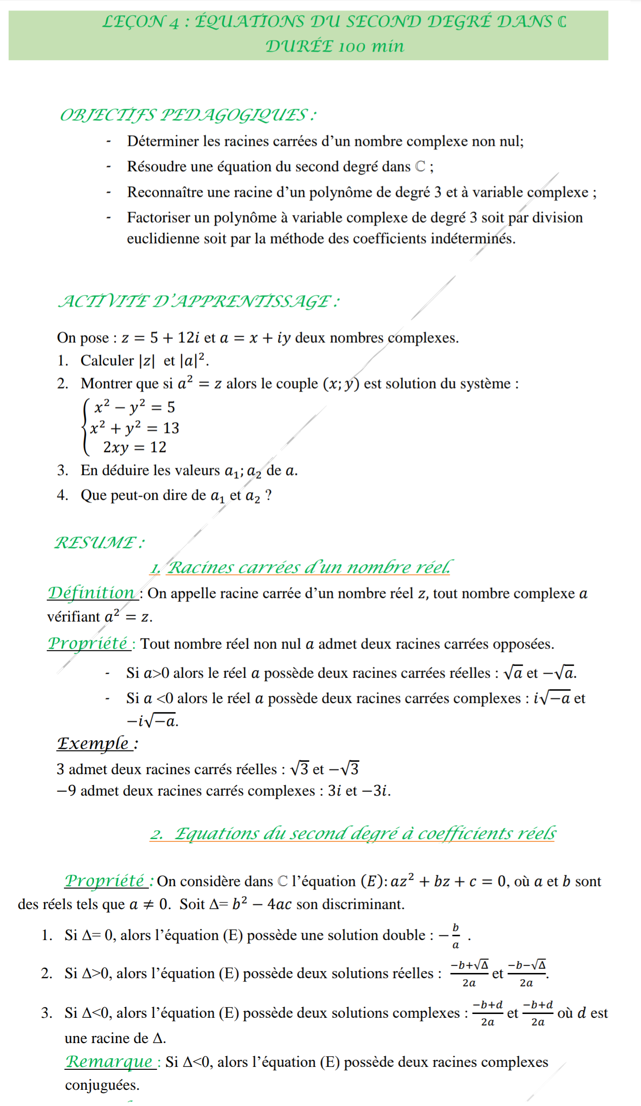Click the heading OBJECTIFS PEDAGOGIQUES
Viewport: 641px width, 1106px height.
click(x=187, y=115)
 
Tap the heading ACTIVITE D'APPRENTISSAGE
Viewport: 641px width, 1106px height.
click(x=198, y=301)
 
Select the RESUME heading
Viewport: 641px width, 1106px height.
click(x=99, y=542)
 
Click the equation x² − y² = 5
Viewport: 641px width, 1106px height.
click(x=134, y=407)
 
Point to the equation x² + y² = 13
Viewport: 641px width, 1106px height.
click(x=134, y=428)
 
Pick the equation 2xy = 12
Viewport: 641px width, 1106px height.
click(x=134, y=447)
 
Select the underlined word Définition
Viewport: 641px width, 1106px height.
click(x=91, y=593)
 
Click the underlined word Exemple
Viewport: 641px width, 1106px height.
click(x=93, y=743)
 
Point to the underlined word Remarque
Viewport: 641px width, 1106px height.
click(x=109, y=1062)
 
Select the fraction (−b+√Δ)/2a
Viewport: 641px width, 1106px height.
click(x=470, y=973)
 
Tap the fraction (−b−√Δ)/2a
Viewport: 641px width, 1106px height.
click(x=527, y=973)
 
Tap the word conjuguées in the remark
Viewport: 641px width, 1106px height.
click(x=102, y=1085)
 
